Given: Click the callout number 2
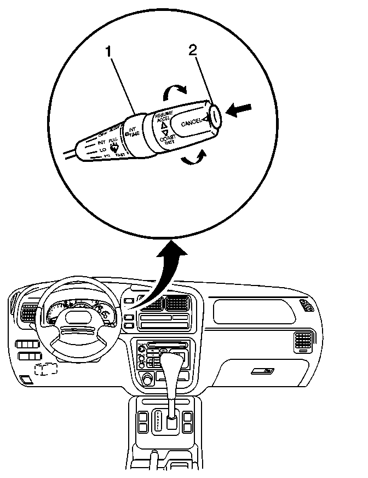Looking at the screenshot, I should [192, 50].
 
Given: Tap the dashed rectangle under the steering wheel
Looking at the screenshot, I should [45, 370].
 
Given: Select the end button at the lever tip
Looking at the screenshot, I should [215, 115].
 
